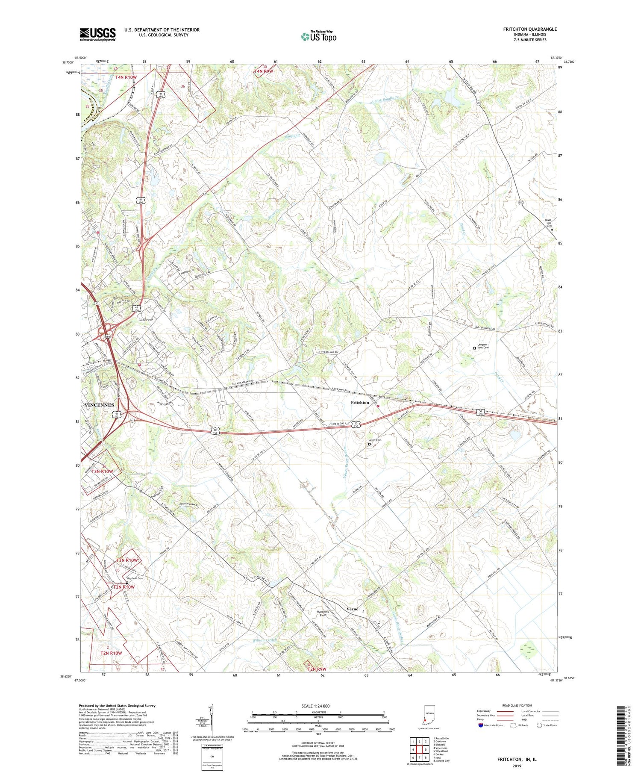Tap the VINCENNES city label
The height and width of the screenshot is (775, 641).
tap(99, 405)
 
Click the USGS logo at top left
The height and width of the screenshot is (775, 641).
tap(97, 34)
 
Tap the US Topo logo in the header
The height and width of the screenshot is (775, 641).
tap(318, 36)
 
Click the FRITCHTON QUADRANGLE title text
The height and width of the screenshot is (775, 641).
tap(530, 29)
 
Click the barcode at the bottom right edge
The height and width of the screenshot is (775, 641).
tap(632, 738)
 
